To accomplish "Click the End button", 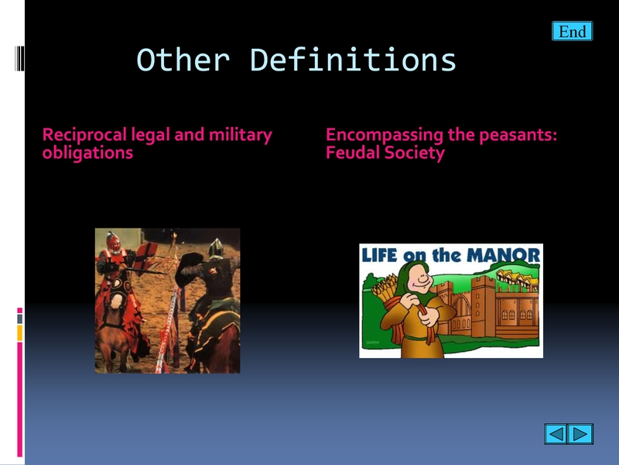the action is pos(572,31).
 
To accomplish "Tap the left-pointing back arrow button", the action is pos(556,434).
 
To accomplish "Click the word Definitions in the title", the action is pos(353,60).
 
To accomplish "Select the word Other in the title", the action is pos(183,60).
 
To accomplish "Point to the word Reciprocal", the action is pos(84,136).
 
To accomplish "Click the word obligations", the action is pos(87,153).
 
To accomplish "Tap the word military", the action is pos(241,135).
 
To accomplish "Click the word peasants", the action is pos(518,135).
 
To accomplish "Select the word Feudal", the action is pos(353,153).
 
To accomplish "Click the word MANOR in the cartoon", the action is pos(504,255).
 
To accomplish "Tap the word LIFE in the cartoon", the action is pos(379,255).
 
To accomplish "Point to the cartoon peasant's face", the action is pos(421,281).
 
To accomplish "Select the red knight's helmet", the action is pos(113,242).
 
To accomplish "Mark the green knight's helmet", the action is pos(216,249).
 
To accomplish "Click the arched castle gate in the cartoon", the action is pos(461,307).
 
